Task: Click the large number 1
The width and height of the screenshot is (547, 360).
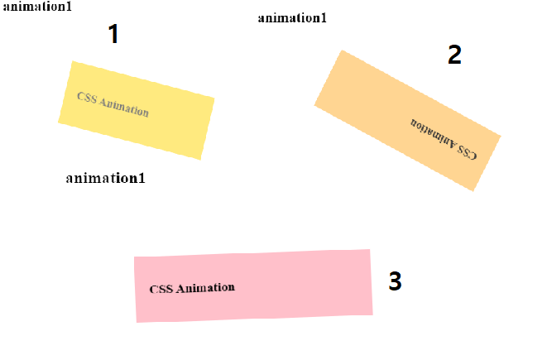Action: (x=113, y=35)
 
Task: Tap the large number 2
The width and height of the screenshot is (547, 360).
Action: (x=454, y=55)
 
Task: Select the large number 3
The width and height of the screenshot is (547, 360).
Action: (x=395, y=282)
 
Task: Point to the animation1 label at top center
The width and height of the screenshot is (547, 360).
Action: (x=292, y=18)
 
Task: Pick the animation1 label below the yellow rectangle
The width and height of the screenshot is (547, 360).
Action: (x=105, y=178)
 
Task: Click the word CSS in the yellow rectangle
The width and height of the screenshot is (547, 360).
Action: (x=86, y=97)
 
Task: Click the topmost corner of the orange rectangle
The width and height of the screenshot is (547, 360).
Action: (x=341, y=50)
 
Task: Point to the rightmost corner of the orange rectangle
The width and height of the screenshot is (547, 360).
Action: (x=501, y=135)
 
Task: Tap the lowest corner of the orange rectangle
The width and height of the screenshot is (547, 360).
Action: (x=473, y=190)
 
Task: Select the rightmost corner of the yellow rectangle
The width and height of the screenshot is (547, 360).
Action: (x=214, y=98)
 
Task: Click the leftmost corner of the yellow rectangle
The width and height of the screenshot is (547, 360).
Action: (x=58, y=122)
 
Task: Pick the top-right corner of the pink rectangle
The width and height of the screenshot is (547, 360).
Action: (x=369, y=249)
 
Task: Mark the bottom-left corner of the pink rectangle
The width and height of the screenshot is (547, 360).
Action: (x=137, y=322)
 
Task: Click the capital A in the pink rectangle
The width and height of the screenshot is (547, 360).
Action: (x=181, y=289)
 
